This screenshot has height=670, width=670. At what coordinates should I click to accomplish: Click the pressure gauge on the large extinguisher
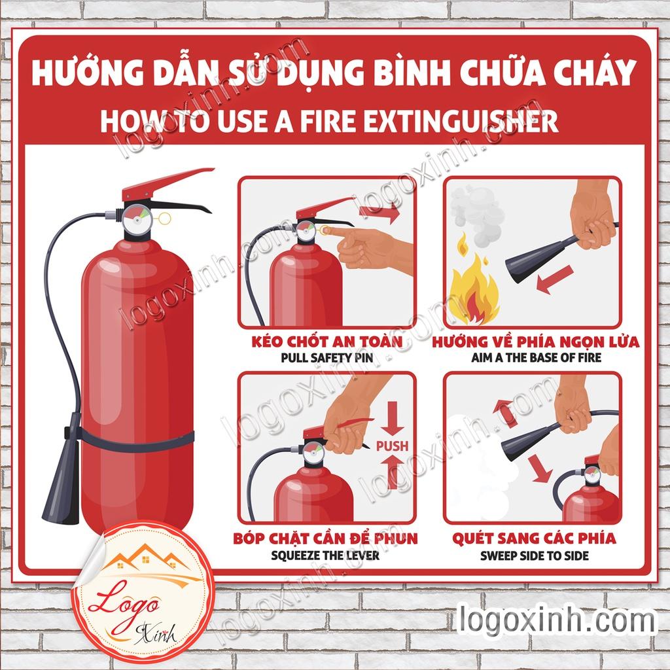(136, 219)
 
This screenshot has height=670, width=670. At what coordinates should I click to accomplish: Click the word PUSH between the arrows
(392, 446)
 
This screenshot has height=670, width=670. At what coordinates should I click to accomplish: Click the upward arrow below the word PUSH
(393, 471)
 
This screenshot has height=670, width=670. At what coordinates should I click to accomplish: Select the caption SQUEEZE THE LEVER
(325, 555)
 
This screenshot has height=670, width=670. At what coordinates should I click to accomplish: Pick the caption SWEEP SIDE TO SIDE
(534, 555)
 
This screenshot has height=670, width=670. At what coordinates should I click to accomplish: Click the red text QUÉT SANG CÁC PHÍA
(533, 538)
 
